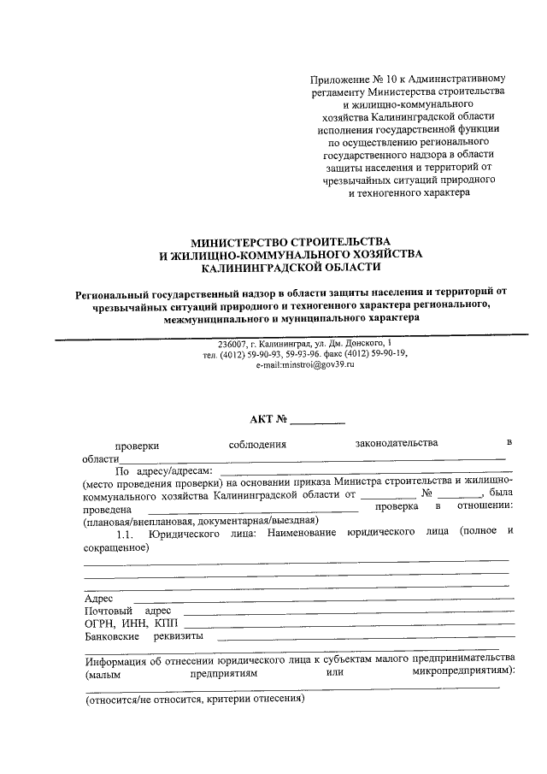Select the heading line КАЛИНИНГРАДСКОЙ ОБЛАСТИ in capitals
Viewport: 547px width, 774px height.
(291, 268)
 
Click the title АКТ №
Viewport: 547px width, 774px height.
(268, 419)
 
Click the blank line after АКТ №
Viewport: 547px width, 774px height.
(317, 422)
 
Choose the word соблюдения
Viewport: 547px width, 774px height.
(257, 444)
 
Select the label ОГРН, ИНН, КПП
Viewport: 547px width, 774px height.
(119, 623)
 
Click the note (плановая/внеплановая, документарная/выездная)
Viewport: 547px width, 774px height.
(200, 520)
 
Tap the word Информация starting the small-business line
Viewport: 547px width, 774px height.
(117, 661)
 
